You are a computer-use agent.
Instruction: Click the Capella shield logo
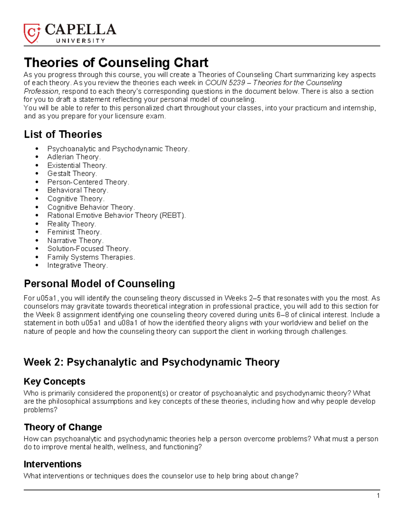click(32, 33)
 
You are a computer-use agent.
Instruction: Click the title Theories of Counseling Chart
click(116, 63)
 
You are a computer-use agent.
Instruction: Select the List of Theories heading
click(63, 134)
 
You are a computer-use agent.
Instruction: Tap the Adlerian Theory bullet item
click(74, 157)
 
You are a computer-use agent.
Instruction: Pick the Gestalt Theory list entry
click(72, 174)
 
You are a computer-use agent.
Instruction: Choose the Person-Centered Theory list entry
click(88, 182)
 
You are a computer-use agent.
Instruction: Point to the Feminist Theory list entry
click(74, 232)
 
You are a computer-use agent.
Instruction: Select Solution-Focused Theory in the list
click(89, 249)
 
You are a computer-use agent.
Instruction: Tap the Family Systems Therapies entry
click(91, 257)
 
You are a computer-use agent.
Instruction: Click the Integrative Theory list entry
click(77, 265)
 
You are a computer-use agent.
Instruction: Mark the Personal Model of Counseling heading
click(99, 284)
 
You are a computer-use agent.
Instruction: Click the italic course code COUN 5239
click(225, 83)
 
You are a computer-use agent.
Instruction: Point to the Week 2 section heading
click(151, 362)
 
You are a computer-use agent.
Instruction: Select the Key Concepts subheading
click(54, 381)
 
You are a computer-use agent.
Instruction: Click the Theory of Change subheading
click(63, 427)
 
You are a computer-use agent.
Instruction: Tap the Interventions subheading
click(53, 464)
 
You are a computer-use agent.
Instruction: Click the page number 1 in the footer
click(378, 495)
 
